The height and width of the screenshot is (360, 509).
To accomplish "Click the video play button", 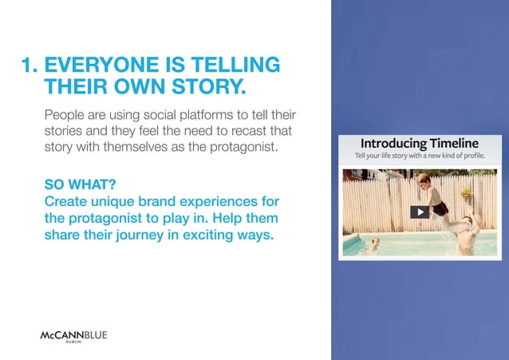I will pos(419,212).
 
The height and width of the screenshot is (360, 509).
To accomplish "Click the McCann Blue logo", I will pos(73,335).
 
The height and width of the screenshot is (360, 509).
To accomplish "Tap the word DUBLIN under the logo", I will pos(73,343).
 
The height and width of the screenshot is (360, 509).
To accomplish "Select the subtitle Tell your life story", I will pos(419,156).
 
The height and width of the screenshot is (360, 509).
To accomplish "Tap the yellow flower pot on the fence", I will pos(465,192).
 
